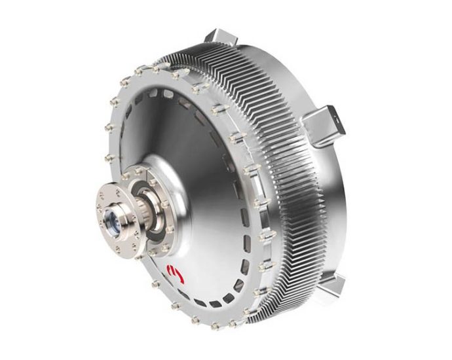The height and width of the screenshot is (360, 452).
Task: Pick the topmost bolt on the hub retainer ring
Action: [140, 170]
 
